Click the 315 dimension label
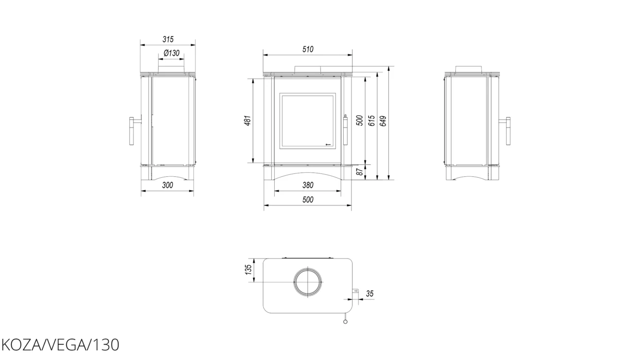point(168,39)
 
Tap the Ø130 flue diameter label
point(171,53)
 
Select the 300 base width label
point(167,185)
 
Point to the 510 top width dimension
point(308,49)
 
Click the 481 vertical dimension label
point(248,120)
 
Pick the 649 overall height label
point(384,121)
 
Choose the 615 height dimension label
point(372,121)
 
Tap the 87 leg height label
point(360,172)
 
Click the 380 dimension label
point(308,185)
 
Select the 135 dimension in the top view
point(248,270)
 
